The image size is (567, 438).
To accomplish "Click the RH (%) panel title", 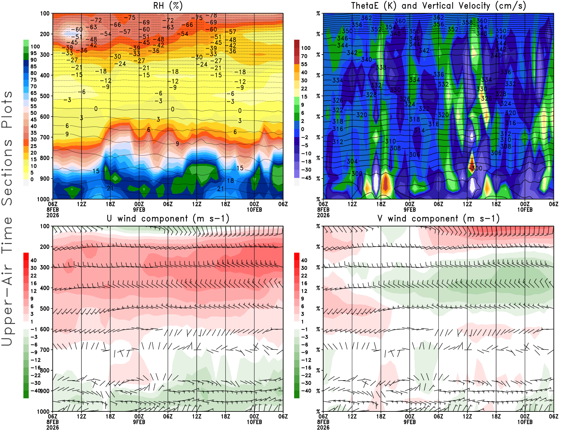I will pos(168,6).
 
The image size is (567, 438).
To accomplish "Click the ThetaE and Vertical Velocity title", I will pos(438,6).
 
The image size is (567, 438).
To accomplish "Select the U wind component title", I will pos(168,218).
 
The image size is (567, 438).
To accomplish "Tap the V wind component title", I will pos(438,218).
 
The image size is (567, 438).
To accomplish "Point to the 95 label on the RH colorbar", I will pos(33,53).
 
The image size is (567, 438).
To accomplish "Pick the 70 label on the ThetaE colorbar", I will pos(304,56).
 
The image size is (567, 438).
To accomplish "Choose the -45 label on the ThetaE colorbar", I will pos(306,178).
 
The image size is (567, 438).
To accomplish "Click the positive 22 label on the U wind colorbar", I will pos(33,275).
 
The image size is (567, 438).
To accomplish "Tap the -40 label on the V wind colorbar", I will pos(306,391).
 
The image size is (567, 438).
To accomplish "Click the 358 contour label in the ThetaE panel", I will pos(467,23).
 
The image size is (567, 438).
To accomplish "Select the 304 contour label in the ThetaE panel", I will pos(352,161).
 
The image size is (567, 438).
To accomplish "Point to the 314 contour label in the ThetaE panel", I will pos(419,130).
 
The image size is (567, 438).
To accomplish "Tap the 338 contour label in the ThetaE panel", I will pos(381,67).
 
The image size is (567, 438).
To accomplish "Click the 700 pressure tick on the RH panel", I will pos(45,137).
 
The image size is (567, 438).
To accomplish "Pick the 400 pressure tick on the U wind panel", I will pos(45,288).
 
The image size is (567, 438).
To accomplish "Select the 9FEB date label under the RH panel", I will pos(139,209).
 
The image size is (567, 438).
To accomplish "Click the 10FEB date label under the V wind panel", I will pos(525,422).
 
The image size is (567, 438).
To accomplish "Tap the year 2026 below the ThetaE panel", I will pos(323,215).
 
